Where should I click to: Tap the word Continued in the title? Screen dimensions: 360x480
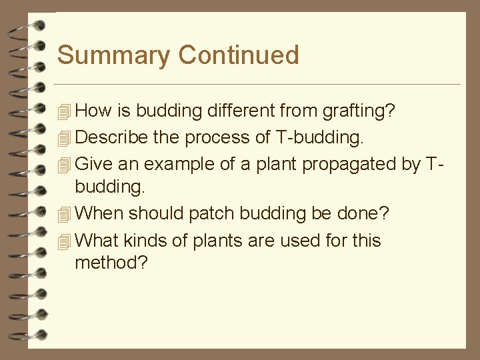click(x=239, y=55)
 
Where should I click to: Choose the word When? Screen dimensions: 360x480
click(x=99, y=213)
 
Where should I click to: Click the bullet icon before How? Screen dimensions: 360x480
click(x=63, y=111)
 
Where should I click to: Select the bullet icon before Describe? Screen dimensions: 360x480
click(x=63, y=138)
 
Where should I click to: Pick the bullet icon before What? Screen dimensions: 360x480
click(x=63, y=241)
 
